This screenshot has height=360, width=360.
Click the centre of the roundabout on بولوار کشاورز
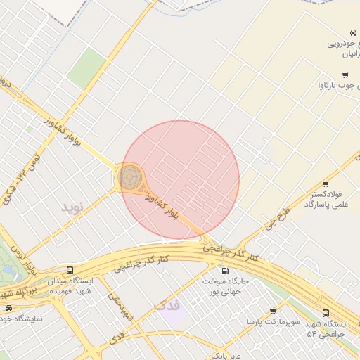click(x=130, y=177)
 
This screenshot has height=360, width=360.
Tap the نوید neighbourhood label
click(x=72, y=207)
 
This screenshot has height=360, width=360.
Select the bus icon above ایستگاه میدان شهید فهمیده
click(x=70, y=270)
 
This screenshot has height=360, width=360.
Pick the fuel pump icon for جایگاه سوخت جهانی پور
click(x=224, y=271)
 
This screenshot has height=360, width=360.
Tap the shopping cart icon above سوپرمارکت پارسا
click(x=272, y=310)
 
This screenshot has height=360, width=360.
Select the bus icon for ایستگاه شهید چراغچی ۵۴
click(x=325, y=313)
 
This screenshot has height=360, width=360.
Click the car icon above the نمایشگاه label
click(x=8, y=308)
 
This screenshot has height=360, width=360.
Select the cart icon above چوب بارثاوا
click(x=345, y=75)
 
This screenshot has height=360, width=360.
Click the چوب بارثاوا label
click(x=332, y=86)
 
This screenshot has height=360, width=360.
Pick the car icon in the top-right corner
click(x=352, y=32)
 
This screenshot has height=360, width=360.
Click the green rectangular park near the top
click(x=86, y=68)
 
